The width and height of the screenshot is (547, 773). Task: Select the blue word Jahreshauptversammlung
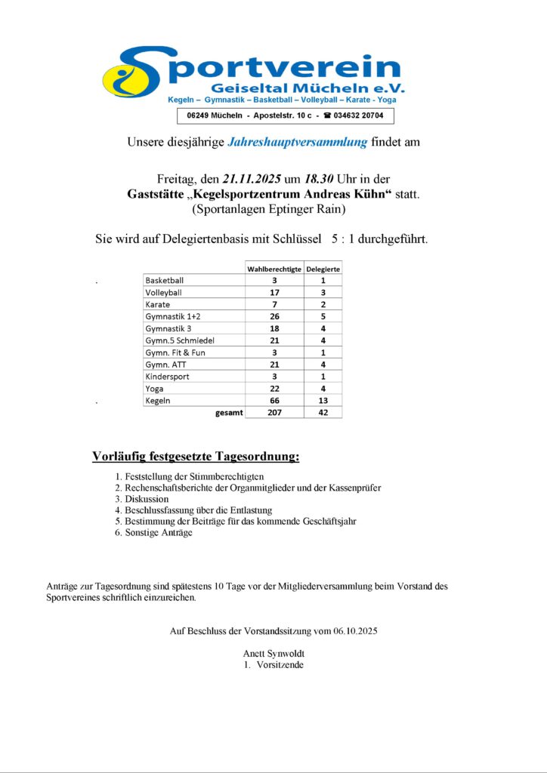point(298,142)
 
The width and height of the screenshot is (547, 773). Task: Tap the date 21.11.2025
point(252,180)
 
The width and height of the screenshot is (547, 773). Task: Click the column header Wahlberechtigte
point(275,269)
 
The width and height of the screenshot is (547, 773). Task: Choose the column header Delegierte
point(323,269)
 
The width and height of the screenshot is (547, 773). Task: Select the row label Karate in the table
point(158,304)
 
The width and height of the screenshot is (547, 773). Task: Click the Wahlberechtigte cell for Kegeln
point(275,400)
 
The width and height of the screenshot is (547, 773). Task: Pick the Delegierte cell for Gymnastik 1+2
point(323,316)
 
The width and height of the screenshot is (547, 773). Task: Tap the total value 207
point(275,413)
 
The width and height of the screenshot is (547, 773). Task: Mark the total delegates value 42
point(323,413)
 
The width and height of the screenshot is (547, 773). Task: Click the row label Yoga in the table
point(155,389)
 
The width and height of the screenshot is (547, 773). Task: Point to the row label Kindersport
point(167,377)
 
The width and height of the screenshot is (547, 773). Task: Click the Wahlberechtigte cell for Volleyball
point(275,292)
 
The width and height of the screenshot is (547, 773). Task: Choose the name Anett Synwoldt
point(273,653)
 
